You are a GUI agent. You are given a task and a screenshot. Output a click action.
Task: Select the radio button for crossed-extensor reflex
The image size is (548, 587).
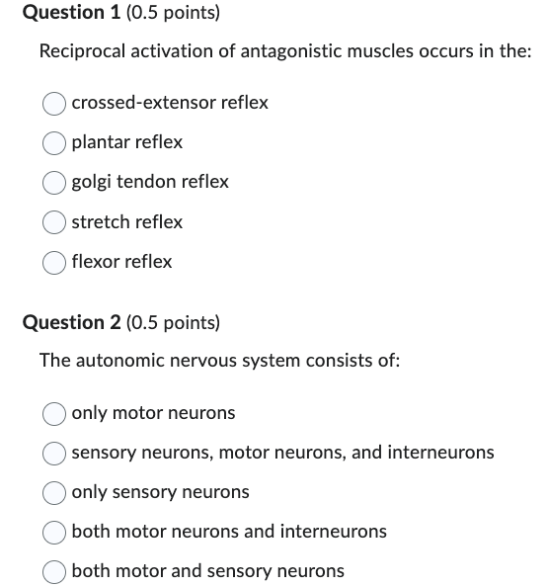coord(55,103)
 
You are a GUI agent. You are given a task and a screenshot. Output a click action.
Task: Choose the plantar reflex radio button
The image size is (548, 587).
coord(55,142)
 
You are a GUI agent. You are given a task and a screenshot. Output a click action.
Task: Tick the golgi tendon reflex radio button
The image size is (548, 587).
coord(55,182)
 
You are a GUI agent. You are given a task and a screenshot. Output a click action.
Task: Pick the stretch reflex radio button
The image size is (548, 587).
coord(55,222)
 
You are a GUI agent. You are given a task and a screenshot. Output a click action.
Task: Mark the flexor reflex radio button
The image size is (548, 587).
coord(55,262)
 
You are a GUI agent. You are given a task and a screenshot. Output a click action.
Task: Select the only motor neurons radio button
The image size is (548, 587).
coord(55,413)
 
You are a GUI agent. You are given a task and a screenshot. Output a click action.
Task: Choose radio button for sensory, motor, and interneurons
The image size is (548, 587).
coord(55,453)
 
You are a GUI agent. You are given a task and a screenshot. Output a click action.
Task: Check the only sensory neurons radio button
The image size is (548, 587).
coord(55,492)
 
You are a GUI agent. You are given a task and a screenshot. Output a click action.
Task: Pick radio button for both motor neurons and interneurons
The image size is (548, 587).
coord(55,532)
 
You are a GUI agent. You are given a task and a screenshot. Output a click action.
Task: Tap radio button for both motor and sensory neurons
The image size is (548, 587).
coord(55,571)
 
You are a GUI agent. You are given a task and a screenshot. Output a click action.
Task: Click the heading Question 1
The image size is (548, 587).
coord(64,13)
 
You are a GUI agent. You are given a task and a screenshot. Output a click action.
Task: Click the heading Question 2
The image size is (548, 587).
coord(64,323)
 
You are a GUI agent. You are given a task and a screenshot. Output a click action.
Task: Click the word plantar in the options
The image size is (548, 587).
coord(100,142)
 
